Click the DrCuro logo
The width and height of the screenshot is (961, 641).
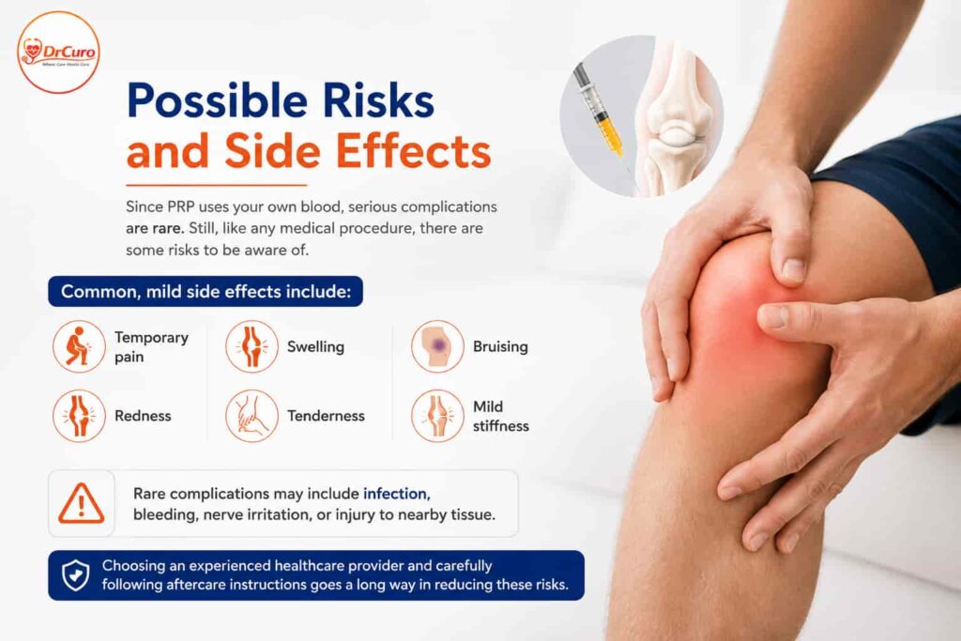58,53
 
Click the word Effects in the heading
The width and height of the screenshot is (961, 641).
414,151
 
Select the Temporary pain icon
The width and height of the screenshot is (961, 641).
79,346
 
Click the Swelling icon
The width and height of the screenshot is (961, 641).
252,346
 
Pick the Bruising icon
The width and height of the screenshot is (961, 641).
437,346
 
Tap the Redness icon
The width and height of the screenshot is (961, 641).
79,416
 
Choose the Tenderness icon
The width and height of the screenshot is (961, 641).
252,416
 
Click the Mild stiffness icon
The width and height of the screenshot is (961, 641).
437,416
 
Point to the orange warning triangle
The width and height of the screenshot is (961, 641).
81,504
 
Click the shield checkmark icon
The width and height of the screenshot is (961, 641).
75,574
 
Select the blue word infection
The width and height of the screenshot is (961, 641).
397,494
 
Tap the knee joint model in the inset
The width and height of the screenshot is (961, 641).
674,117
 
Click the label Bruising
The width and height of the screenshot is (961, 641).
500,347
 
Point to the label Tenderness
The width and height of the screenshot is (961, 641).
326,416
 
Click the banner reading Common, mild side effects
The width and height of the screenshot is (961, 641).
206,291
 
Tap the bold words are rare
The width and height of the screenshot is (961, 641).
155,228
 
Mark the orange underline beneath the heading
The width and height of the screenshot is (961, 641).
217,185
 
